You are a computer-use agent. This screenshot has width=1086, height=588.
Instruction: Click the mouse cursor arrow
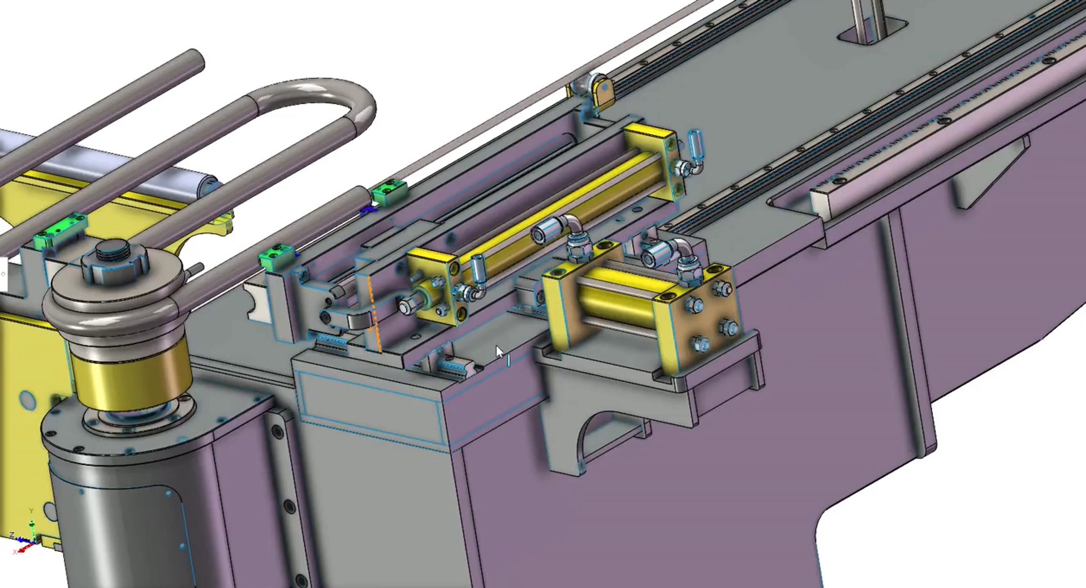(499, 353)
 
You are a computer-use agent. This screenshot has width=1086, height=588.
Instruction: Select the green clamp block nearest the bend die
(277, 256)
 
